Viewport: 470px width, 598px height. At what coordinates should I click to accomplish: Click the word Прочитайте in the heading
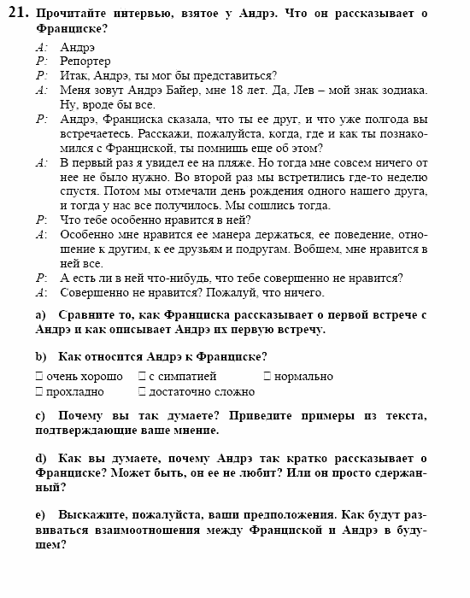click(70, 14)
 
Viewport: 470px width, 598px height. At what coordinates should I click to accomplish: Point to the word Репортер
click(85, 62)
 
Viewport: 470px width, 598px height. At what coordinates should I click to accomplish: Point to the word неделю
click(406, 177)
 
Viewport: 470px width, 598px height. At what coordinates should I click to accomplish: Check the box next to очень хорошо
click(39, 376)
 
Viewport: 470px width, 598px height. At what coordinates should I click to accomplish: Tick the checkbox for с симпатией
click(141, 376)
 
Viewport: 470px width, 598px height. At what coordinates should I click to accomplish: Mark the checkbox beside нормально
click(267, 376)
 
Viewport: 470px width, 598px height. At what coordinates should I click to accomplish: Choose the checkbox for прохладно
click(39, 392)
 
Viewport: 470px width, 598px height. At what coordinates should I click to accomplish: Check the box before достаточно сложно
click(141, 392)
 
